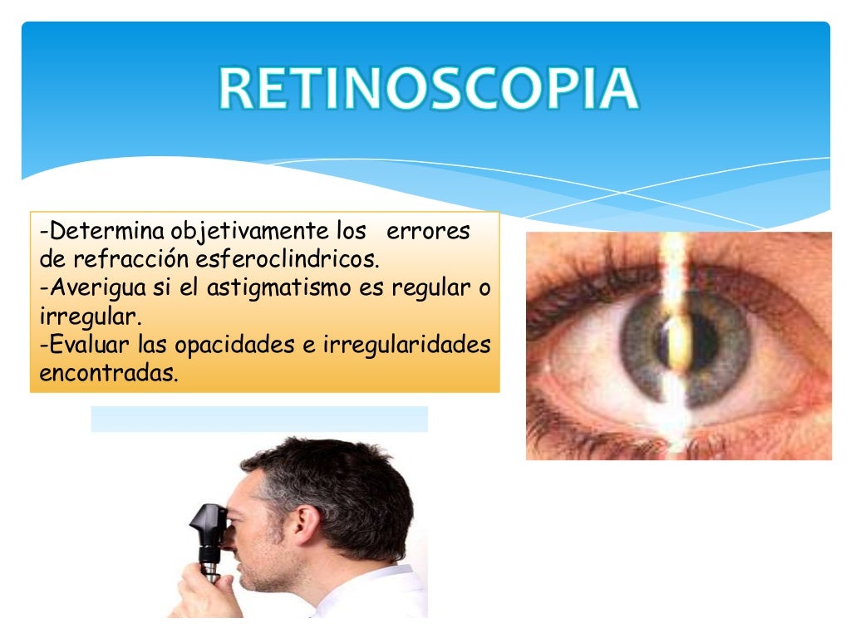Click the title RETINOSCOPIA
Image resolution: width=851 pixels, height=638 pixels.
point(429,91)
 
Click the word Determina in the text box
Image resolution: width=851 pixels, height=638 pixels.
point(105,230)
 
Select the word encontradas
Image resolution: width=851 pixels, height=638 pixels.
point(108,374)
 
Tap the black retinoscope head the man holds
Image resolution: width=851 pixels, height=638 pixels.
point(208,523)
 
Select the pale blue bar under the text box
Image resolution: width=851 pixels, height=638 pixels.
point(258,419)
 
